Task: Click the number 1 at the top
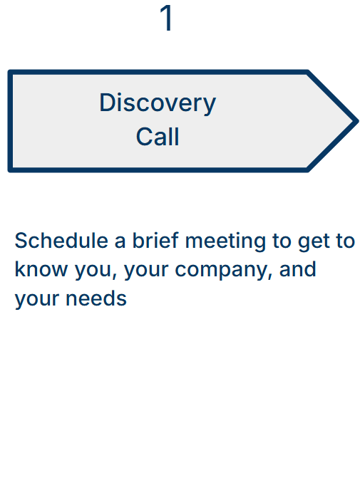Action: [166, 19]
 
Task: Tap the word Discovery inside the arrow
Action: [157, 103]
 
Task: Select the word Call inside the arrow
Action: [158, 137]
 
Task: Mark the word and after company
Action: [298, 271]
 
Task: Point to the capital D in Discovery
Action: [106, 103]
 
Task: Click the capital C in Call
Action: [143, 137]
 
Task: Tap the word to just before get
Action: [281, 241]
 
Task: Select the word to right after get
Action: [346, 241]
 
